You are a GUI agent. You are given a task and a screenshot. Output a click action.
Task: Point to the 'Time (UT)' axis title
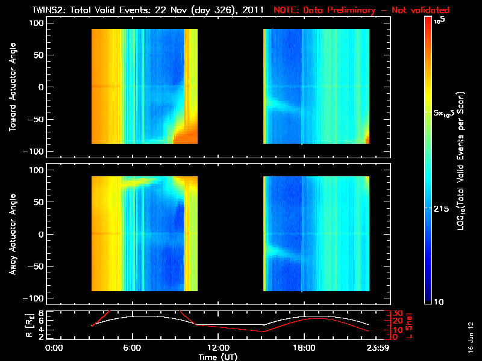[x=219, y=356]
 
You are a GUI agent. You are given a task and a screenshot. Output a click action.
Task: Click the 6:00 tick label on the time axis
[x=132, y=348]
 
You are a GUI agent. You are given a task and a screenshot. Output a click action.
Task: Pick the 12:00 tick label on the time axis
[x=218, y=348]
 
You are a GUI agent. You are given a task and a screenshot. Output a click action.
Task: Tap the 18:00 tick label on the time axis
[x=304, y=348]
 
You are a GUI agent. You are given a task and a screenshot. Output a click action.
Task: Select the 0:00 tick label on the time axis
[x=54, y=348]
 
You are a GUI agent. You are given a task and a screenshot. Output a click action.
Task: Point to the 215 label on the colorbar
[x=443, y=208]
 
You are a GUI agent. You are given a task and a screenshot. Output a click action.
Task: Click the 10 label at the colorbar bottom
[x=440, y=301]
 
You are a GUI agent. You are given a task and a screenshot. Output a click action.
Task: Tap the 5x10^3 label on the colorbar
[x=446, y=113]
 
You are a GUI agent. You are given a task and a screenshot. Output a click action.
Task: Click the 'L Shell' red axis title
[x=408, y=325]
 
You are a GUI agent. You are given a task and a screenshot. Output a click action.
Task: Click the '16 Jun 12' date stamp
[x=469, y=336]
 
